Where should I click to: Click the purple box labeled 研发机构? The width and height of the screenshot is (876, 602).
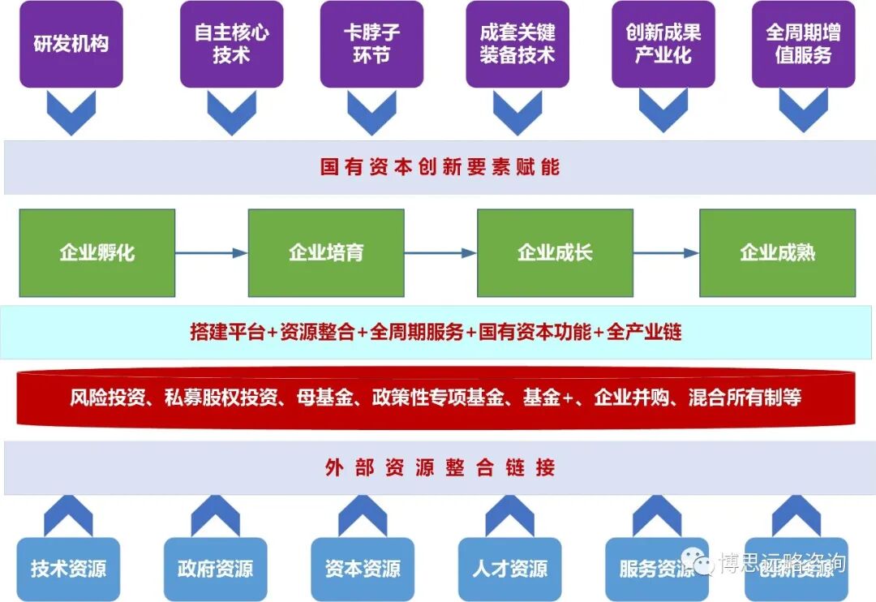(71, 44)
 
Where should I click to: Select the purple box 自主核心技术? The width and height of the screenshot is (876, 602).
(231, 44)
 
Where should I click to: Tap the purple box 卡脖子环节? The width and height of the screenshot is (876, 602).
(372, 44)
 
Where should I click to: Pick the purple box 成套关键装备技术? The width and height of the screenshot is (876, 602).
(517, 44)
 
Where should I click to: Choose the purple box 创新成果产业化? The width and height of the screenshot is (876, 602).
(663, 44)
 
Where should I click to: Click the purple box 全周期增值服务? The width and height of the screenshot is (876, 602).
(803, 44)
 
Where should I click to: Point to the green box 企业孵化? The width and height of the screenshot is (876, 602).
(97, 252)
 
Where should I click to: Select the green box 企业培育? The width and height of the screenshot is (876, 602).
(326, 252)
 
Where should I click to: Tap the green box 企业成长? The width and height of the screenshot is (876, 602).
(555, 252)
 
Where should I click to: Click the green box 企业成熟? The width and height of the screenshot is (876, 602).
(777, 252)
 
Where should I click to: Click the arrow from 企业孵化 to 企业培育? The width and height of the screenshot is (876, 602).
(211, 253)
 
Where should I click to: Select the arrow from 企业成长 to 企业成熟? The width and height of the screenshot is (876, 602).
(666, 253)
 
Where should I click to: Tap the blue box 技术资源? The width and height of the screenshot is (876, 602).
(69, 569)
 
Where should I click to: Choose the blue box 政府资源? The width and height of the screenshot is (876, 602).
(215, 569)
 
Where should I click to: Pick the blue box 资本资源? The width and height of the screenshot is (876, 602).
(363, 569)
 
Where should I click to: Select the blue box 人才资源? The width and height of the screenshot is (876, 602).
(509, 569)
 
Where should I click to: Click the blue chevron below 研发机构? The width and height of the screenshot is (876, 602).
(71, 112)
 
